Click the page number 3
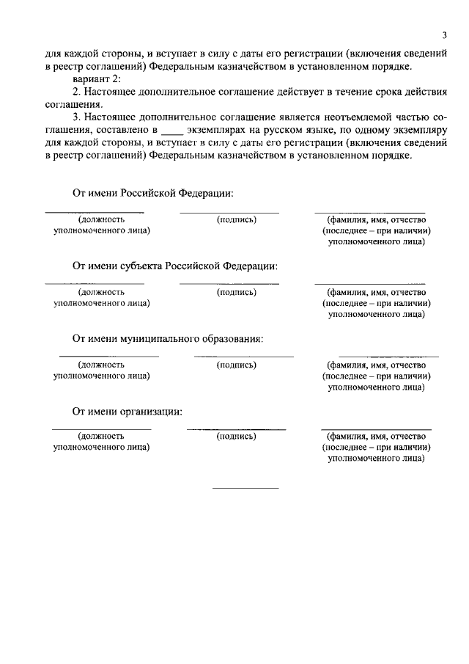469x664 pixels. tap(444, 36)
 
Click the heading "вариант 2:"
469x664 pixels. tap(97, 79)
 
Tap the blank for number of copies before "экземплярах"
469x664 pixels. tap(170, 130)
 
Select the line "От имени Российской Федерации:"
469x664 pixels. tap(152, 194)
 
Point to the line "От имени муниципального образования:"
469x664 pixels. tap(167, 338)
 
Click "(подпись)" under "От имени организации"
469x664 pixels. tap(237, 437)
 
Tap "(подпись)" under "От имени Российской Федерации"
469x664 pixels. tap(237, 219)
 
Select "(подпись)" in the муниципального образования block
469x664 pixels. tap(237, 365)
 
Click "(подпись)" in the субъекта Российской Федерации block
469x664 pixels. tap(237, 292)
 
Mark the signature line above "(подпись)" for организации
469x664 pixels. tap(236, 428)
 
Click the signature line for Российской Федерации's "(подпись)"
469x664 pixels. tap(229, 213)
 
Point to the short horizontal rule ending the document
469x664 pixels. tap(245, 488)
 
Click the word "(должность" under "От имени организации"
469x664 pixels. tap(101, 437)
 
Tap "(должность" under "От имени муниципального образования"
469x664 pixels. tap(101, 365)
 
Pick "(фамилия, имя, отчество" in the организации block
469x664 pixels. tap(376, 437)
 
